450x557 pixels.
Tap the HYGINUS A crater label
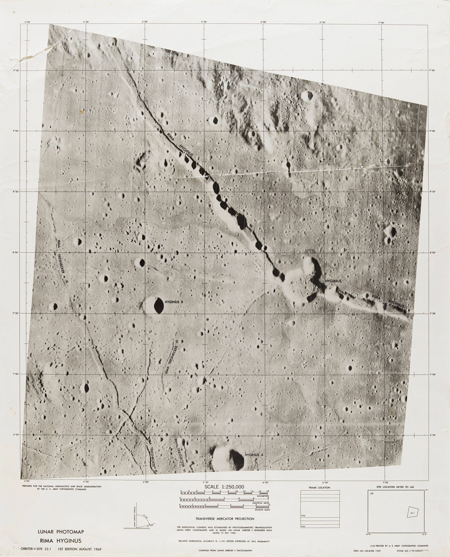point(254,455)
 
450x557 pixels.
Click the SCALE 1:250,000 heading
point(224,487)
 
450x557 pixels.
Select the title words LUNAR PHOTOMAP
point(61,532)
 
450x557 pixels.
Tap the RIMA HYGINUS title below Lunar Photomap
point(60,541)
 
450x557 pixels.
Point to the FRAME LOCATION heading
point(319,488)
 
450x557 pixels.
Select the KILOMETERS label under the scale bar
point(263,496)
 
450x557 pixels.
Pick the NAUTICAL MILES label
point(261,503)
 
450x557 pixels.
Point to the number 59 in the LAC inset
point(372,494)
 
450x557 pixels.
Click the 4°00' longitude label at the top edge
point(27,22)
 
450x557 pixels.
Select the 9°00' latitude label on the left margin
point(16,131)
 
